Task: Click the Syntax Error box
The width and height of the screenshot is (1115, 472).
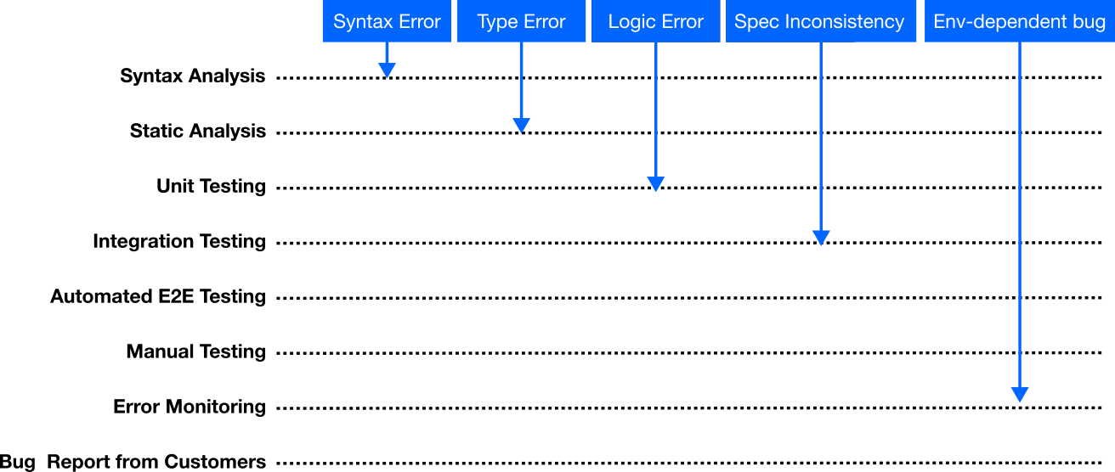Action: tap(387, 21)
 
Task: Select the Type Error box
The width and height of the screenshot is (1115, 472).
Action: tap(521, 21)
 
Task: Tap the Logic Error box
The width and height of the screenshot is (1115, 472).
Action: tap(655, 21)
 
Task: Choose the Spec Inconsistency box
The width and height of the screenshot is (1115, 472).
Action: tap(821, 21)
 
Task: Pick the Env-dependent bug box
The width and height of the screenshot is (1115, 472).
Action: tap(1020, 21)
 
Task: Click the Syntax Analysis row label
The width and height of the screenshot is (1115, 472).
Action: tap(193, 76)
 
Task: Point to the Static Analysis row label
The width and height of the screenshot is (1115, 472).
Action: tap(198, 132)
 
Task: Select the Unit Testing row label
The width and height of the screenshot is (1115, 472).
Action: tap(211, 187)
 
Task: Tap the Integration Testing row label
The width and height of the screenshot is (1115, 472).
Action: tap(179, 242)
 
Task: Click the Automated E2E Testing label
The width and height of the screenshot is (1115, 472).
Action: tap(158, 296)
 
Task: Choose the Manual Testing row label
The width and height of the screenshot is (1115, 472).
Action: tap(196, 351)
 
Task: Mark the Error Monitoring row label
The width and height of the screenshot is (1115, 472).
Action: tap(190, 407)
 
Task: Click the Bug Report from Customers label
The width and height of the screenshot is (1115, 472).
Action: tap(133, 462)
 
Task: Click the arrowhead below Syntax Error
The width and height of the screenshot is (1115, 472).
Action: tap(387, 70)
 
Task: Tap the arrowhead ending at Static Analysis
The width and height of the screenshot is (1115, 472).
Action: tap(521, 126)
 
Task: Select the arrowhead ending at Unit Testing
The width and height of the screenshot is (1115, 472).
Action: tap(655, 183)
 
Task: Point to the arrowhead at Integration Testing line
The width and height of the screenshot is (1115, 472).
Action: tap(821, 238)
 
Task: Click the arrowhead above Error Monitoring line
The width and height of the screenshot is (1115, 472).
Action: tap(1020, 395)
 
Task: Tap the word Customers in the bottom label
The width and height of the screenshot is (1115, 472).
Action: tap(215, 462)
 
